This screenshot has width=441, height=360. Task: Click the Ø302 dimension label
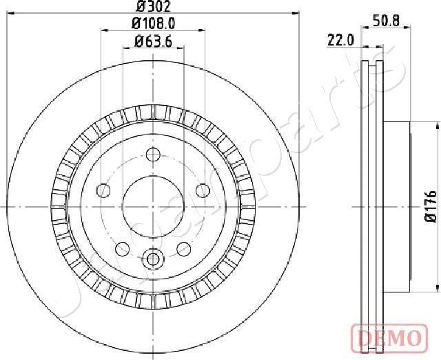pyautogui.click(x=153, y=6)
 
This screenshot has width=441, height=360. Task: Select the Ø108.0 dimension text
pyautogui.click(x=153, y=23)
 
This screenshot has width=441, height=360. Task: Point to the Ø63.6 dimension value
pyautogui.click(x=153, y=41)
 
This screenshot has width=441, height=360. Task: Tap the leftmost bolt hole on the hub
pyautogui.click(x=104, y=190)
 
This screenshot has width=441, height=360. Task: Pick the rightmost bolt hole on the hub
pyautogui.click(x=202, y=190)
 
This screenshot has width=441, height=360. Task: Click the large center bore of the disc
pyautogui.click(x=153, y=206)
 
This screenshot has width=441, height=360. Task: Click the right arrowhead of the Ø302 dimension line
pyautogui.click(x=297, y=12)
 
